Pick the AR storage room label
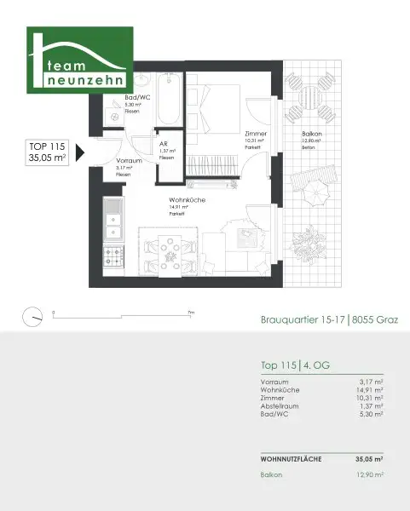pos(163,145)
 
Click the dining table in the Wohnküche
pos(171,253)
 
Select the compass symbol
pos(33,314)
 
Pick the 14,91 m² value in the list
pos(368,389)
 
